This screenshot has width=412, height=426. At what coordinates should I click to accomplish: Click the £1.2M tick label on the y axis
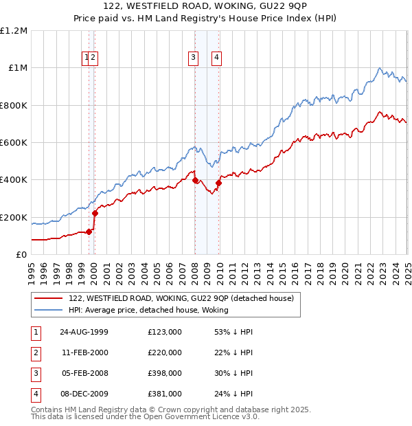pos(14,31)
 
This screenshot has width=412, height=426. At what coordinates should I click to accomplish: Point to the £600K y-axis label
pos(14,143)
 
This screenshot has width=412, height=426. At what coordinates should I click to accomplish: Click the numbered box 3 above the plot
pos(194,58)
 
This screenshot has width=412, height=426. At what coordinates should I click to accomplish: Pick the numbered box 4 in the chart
pos(216,58)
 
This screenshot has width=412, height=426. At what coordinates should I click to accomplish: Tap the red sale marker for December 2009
pos(219,183)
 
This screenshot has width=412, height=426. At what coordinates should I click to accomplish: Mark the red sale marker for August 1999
pos(89,232)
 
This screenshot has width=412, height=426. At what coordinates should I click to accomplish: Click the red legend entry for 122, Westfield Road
pos(181,298)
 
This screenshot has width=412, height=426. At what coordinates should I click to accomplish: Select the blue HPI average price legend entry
pos(148,310)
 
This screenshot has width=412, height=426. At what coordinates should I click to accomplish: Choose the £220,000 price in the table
pos(165,352)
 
